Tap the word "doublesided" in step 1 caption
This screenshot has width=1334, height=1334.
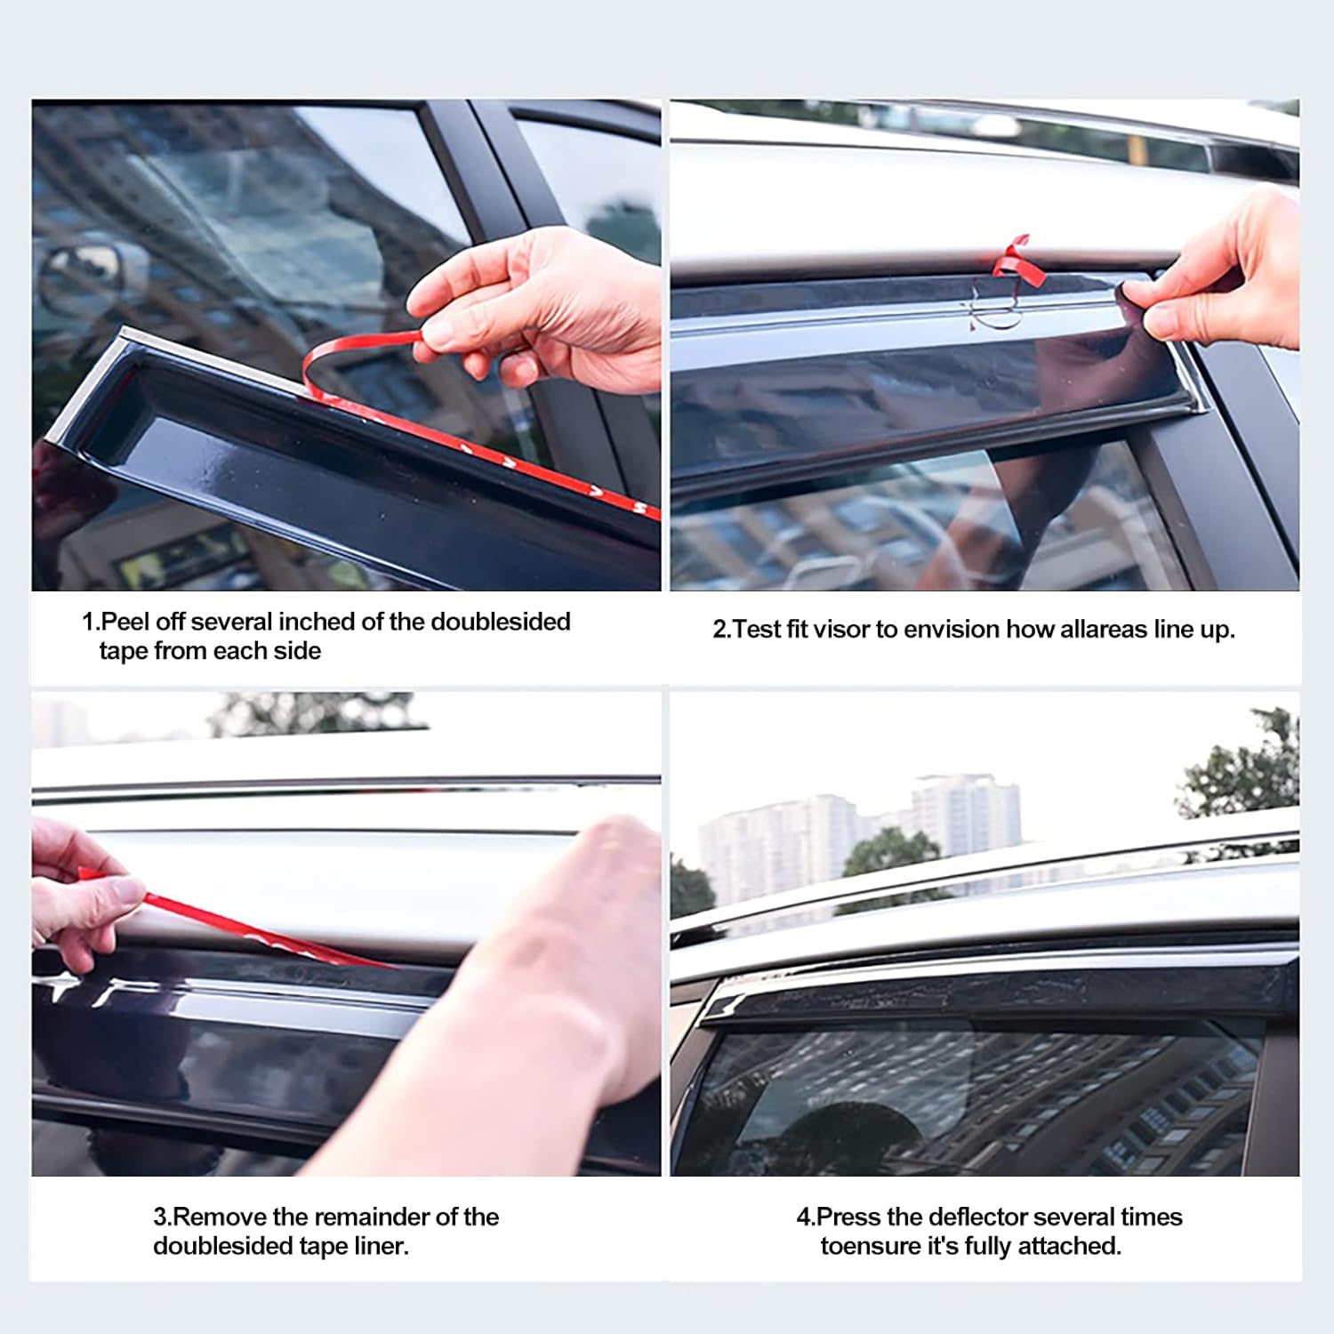pyautogui.click(x=500, y=622)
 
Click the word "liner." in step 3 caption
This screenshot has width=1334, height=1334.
pyautogui.click(x=382, y=1246)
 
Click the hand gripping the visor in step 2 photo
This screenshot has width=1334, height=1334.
pyautogui.click(x=1227, y=276)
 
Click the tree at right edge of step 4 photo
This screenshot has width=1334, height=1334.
pyautogui.click(x=1245, y=765)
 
